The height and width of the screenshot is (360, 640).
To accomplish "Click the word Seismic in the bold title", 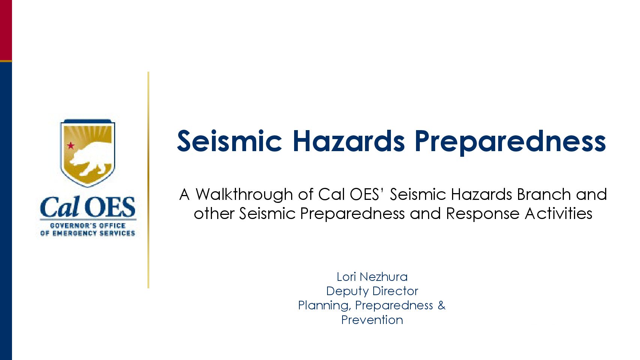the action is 230,141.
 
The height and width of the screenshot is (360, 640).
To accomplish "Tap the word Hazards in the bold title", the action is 349,141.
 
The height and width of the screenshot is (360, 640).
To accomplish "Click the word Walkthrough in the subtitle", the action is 244,194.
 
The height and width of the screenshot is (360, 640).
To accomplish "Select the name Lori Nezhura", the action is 372,277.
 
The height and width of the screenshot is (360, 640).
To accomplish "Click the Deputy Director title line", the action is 372,291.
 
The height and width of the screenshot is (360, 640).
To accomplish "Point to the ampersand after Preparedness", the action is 442,305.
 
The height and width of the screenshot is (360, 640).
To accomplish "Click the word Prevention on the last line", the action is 372,320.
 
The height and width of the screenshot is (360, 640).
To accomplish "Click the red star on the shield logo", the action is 71,146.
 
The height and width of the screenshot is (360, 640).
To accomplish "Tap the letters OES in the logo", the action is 110,207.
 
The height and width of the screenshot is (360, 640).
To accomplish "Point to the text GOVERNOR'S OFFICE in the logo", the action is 88,226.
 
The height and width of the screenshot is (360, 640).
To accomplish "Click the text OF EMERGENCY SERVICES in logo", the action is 88,233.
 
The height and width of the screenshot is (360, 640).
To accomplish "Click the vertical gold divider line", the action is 148,180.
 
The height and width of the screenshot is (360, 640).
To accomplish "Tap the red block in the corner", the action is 6,30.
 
